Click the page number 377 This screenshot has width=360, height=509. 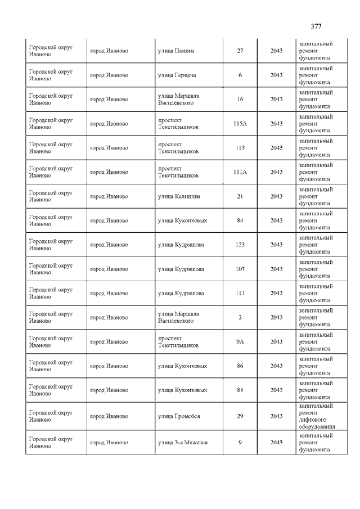tap(316, 26)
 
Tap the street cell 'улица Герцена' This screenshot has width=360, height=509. tap(177, 75)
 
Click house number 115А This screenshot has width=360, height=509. tap(240, 123)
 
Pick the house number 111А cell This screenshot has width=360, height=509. tap(240, 172)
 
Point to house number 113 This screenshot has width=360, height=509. tap(240, 147)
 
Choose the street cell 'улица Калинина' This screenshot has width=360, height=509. tap(179, 196)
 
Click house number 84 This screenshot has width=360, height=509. tap(240, 220)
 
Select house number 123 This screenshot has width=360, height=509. tap(240, 245)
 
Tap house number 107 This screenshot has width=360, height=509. tap(240, 269)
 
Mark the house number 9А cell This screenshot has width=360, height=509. tap(240, 341)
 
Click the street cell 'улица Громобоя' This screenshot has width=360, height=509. tap(179, 416)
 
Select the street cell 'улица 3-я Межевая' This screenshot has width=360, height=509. tap(183, 442)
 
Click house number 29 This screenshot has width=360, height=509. tap(240, 416)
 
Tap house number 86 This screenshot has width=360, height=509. tap(240, 366)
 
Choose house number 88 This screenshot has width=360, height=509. tap(240, 390)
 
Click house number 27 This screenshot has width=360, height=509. tap(240, 51)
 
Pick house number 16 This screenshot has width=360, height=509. tap(240, 99)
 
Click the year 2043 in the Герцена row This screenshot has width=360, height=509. tap(276, 75)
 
